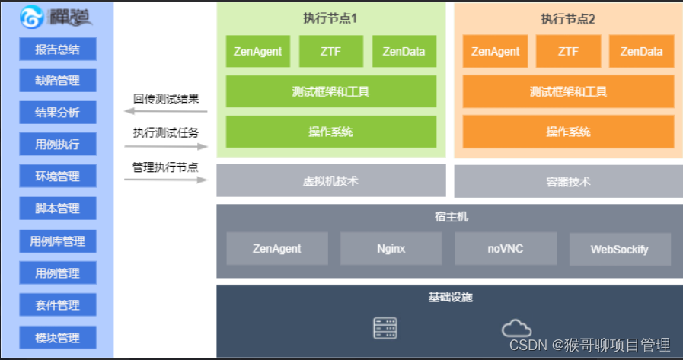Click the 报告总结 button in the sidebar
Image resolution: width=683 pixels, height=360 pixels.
coord(57,49)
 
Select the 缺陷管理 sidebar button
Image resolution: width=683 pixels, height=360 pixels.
coord(57,80)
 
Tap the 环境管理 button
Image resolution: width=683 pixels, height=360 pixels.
coord(57,176)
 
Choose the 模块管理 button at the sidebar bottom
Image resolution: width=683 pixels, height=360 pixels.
coord(57,337)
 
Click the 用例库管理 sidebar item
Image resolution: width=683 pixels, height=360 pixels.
coord(57,241)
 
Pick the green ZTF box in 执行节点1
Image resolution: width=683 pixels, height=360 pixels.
coord(331,52)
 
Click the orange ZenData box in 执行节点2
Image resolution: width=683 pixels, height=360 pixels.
coord(641,52)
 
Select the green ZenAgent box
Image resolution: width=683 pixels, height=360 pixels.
coord(258,52)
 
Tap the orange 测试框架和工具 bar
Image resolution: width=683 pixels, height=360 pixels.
coord(568,91)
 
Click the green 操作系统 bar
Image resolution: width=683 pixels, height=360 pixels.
coord(331,132)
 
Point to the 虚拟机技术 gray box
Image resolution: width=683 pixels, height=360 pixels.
coord(331,180)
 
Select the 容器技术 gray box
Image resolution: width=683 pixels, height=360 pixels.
coord(568,181)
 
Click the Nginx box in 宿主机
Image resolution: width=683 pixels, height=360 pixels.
coord(391,248)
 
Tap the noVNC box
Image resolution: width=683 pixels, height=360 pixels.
coord(506,248)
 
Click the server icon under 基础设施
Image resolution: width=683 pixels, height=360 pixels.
coord(385,328)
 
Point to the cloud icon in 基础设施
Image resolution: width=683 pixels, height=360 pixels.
coord(516,329)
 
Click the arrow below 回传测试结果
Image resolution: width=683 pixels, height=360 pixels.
coord(166,112)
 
